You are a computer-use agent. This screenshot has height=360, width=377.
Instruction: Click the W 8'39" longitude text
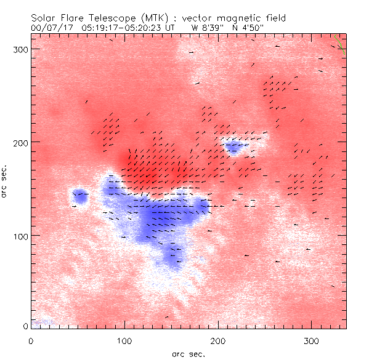click(x=206, y=28)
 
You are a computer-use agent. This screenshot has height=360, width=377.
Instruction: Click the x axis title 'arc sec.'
click(x=188, y=354)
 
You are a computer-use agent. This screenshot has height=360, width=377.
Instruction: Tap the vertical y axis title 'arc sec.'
click(x=5, y=181)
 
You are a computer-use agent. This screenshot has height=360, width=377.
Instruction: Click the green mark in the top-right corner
click(x=342, y=49)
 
